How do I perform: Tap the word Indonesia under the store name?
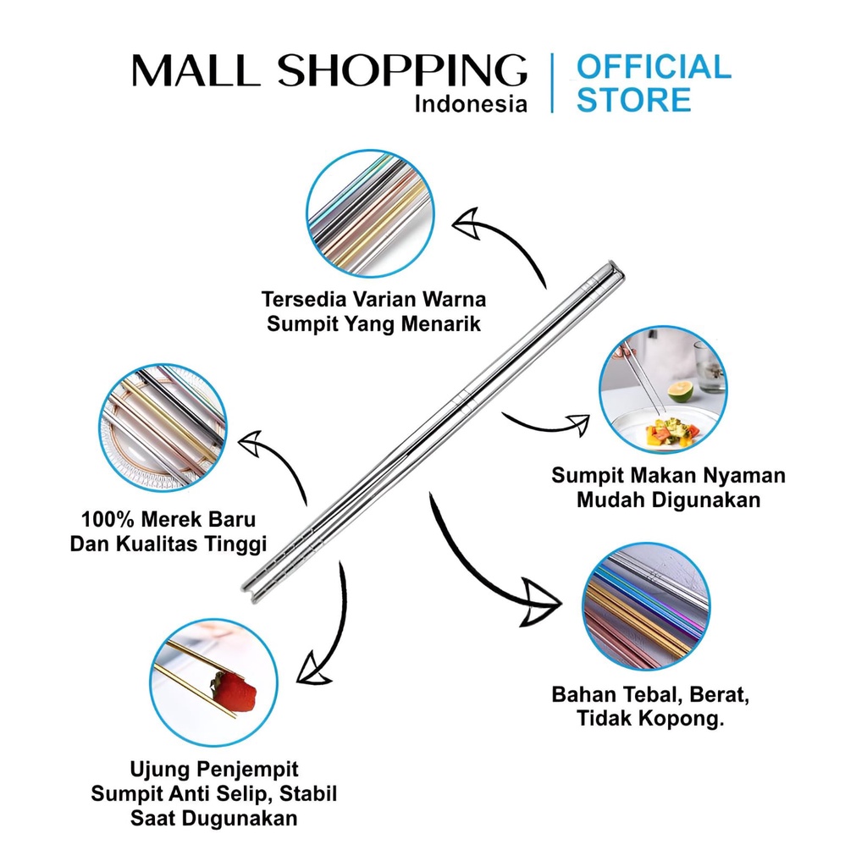coord(470,104)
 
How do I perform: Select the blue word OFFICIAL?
coord(653,67)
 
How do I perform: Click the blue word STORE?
coord(633,101)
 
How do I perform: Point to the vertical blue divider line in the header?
coord(552,82)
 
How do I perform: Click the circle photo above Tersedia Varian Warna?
coord(369,213)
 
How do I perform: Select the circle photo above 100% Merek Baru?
coord(163,428)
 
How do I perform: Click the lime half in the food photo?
coord(680,390)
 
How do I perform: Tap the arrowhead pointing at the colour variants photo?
coord(467,225)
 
